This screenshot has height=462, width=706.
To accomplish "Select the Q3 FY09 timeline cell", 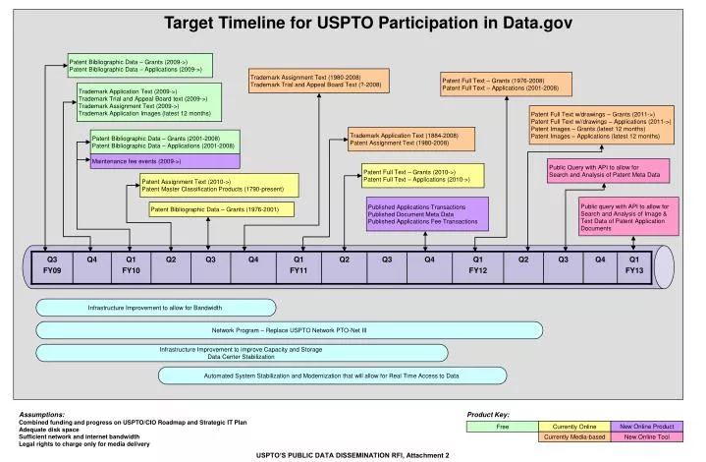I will (53, 264).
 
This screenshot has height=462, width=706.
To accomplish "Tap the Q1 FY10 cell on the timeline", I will (131, 264).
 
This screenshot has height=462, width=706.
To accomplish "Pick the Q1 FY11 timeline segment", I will (299, 264).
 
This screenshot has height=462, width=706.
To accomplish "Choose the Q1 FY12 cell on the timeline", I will (477, 264).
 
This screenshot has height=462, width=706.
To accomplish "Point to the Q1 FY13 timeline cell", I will (634, 264).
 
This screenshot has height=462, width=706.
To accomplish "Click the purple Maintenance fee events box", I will (164, 160).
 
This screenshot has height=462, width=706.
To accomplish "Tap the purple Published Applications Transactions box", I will (425, 214).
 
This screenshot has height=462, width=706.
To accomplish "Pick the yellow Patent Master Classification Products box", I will (217, 185).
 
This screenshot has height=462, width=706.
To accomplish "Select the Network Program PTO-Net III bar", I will (289, 330).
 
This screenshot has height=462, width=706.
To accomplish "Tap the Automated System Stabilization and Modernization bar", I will (331, 375).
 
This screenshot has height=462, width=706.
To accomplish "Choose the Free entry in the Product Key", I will (502, 427).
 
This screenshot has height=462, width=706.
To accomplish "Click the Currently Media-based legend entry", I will (573, 437).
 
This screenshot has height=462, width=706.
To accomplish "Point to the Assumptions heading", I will (41, 415).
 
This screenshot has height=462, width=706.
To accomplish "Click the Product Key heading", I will (487, 415).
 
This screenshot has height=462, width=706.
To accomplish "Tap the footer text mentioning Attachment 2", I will (353, 455).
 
